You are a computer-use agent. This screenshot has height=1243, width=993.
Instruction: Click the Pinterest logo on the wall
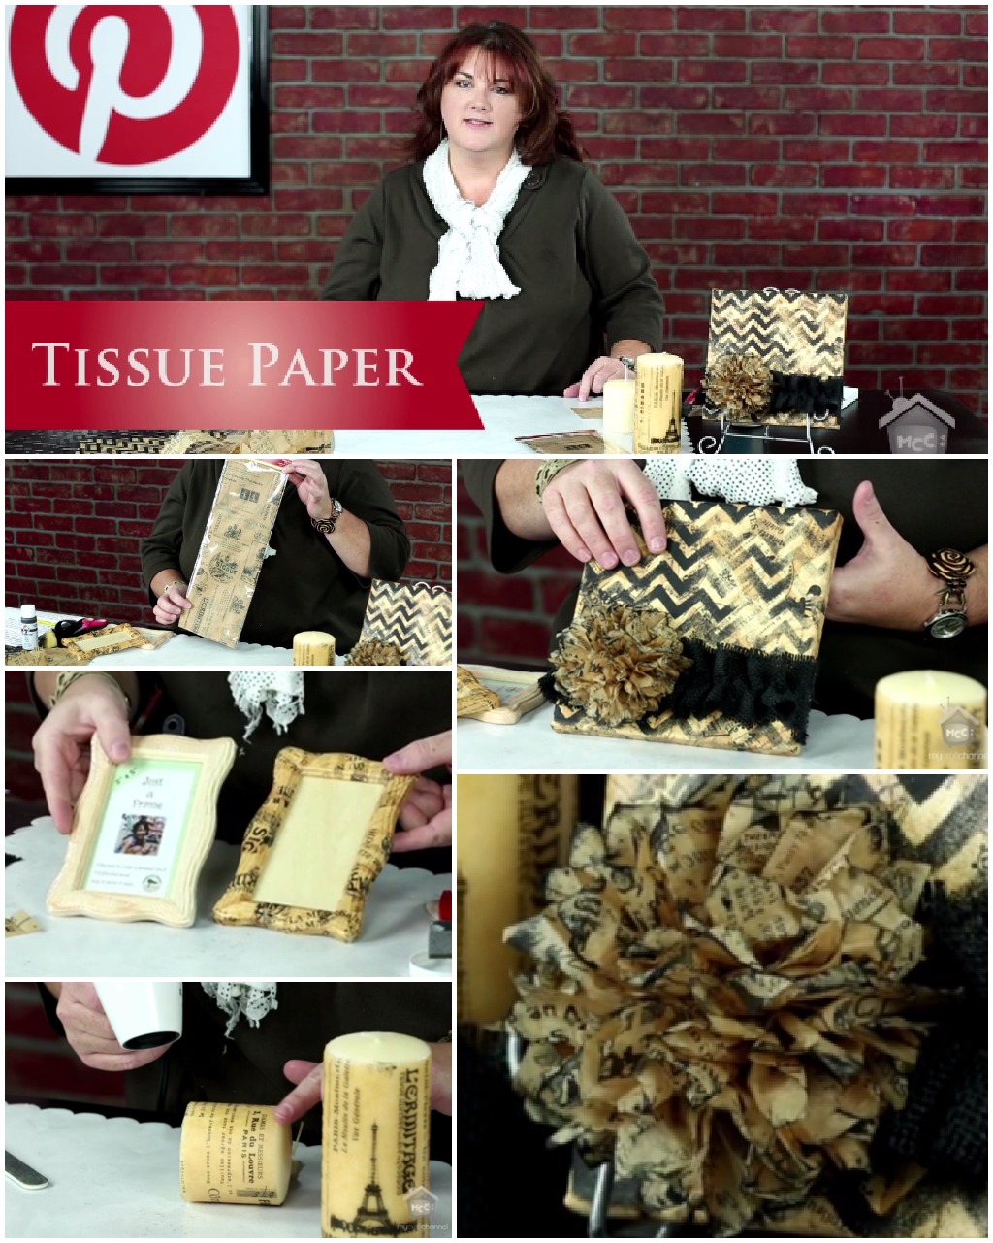click(124, 82)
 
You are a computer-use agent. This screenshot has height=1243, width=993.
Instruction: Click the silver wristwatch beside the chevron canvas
click(942, 621)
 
